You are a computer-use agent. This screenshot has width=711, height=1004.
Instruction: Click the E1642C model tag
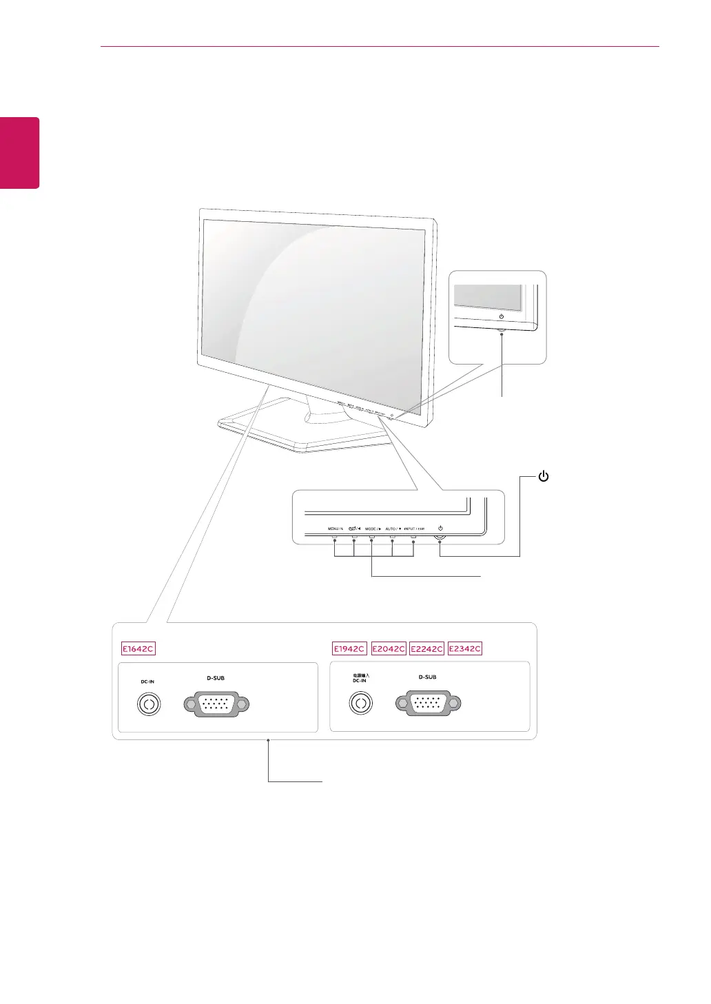138,648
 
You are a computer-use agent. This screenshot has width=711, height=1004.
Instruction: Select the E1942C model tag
349,648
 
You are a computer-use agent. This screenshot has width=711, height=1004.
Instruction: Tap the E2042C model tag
388,648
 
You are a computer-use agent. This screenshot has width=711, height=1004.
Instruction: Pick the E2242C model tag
426,648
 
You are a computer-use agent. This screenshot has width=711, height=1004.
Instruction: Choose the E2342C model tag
465,648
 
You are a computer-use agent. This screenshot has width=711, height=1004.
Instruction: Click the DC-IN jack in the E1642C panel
148,704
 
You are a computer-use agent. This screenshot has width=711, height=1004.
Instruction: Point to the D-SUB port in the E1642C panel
216,704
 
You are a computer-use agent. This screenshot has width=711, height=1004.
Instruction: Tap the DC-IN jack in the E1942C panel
360,704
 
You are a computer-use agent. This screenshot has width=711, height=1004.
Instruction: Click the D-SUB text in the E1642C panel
216,678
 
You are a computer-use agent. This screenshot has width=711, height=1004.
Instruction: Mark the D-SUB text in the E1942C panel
427,677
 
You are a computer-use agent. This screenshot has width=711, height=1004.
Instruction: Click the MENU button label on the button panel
335,529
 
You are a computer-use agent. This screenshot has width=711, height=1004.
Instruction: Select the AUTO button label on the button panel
393,529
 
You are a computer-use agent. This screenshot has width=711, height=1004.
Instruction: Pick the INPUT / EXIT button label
414,529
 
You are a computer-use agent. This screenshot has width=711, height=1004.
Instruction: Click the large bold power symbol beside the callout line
544,476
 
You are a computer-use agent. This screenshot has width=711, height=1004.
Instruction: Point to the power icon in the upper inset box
501,316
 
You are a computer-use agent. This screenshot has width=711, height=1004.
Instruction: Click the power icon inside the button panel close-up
440,529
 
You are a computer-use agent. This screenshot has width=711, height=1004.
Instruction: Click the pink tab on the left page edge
19,152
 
